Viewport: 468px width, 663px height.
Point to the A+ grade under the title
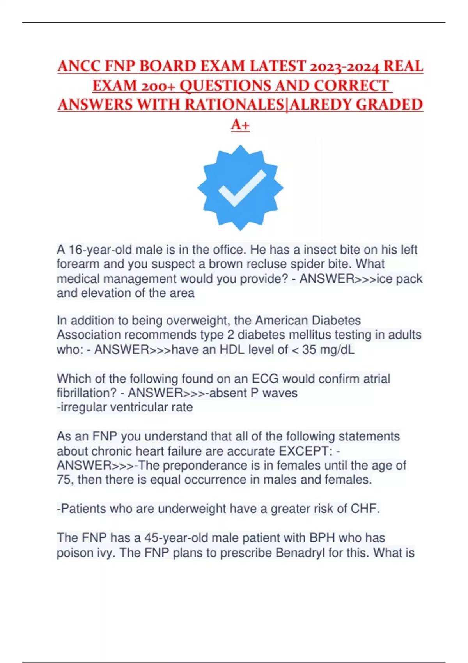(240, 125)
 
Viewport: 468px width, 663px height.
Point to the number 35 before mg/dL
(309, 349)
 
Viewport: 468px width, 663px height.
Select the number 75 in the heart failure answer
(64, 480)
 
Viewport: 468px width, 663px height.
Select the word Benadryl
(300, 553)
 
